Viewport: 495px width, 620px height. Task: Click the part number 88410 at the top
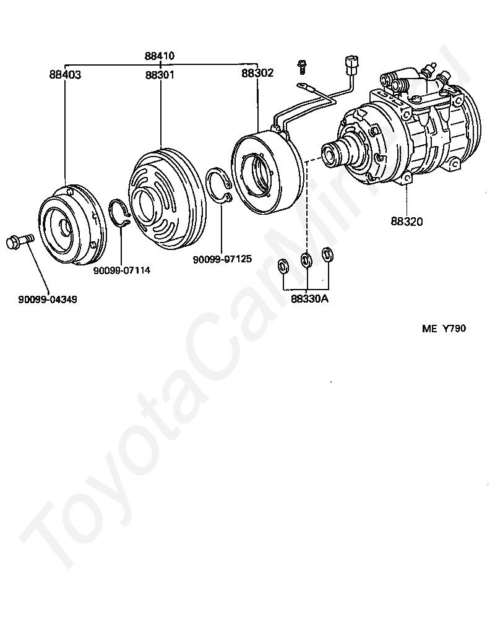pyautogui.click(x=160, y=56)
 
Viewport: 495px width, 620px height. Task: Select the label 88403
pyautogui.click(x=65, y=75)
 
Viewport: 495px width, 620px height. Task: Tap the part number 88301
pyautogui.click(x=160, y=75)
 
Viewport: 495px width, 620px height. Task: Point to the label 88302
pyautogui.click(x=257, y=72)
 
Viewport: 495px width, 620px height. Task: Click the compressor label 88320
pyautogui.click(x=407, y=221)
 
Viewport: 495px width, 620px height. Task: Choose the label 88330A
pyautogui.click(x=310, y=299)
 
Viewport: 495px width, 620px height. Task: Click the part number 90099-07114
pyautogui.click(x=122, y=270)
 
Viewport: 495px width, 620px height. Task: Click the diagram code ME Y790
pyautogui.click(x=444, y=329)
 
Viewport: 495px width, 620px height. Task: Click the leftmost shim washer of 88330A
pyautogui.click(x=283, y=267)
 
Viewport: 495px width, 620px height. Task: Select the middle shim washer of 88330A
pyautogui.click(x=306, y=260)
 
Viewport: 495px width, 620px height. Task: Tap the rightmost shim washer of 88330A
pyautogui.click(x=327, y=254)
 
